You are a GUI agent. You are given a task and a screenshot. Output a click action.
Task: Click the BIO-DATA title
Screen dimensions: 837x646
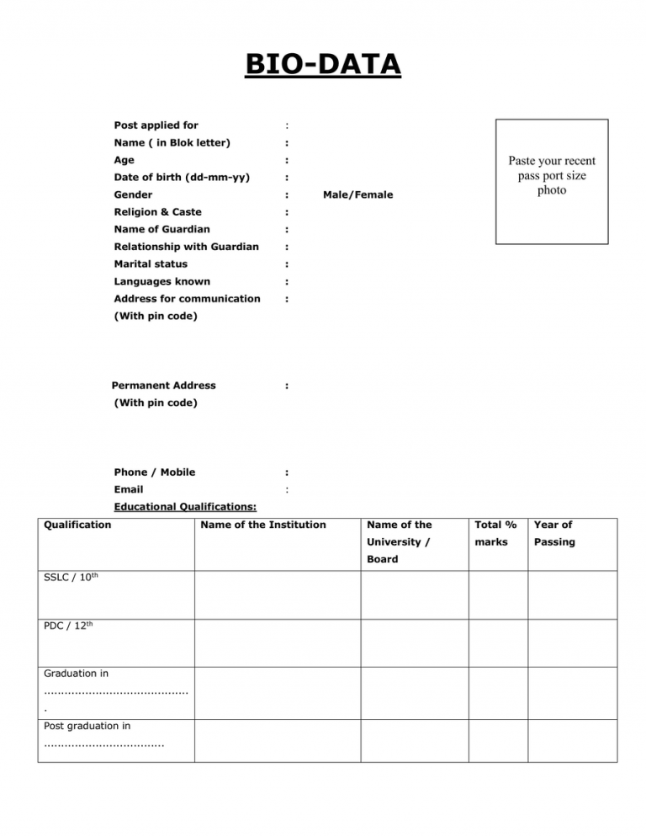pos(323,63)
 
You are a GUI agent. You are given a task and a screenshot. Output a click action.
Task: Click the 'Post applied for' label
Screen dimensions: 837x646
pos(156,125)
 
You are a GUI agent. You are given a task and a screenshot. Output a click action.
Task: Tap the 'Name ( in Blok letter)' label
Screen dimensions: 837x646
pos(172,142)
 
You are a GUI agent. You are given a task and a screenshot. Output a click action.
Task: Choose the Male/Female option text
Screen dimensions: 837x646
pos(357,195)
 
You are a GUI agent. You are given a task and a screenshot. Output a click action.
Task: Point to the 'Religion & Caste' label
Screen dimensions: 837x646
pos(157,212)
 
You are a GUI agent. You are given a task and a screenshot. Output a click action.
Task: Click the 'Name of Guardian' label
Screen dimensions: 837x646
pos(161,229)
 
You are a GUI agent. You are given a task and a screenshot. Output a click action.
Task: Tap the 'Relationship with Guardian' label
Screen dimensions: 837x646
pos(186,247)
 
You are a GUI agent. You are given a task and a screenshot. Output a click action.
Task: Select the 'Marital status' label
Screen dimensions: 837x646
pos(151,264)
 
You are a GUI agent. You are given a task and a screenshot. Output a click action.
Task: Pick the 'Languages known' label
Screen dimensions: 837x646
pos(161,281)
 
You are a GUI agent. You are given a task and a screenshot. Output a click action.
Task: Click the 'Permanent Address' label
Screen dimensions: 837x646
pos(163,386)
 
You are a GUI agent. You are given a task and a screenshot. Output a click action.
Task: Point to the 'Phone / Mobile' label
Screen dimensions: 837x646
pos(160,472)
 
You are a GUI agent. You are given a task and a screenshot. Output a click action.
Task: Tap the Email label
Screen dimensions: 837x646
pos(128,489)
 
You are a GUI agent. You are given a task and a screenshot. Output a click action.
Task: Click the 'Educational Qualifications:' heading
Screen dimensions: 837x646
pos(185,507)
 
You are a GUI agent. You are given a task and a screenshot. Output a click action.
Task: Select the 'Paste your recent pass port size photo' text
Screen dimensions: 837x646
pos(551,175)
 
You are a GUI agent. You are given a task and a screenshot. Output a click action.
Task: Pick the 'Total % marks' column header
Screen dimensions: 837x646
pos(493,533)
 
